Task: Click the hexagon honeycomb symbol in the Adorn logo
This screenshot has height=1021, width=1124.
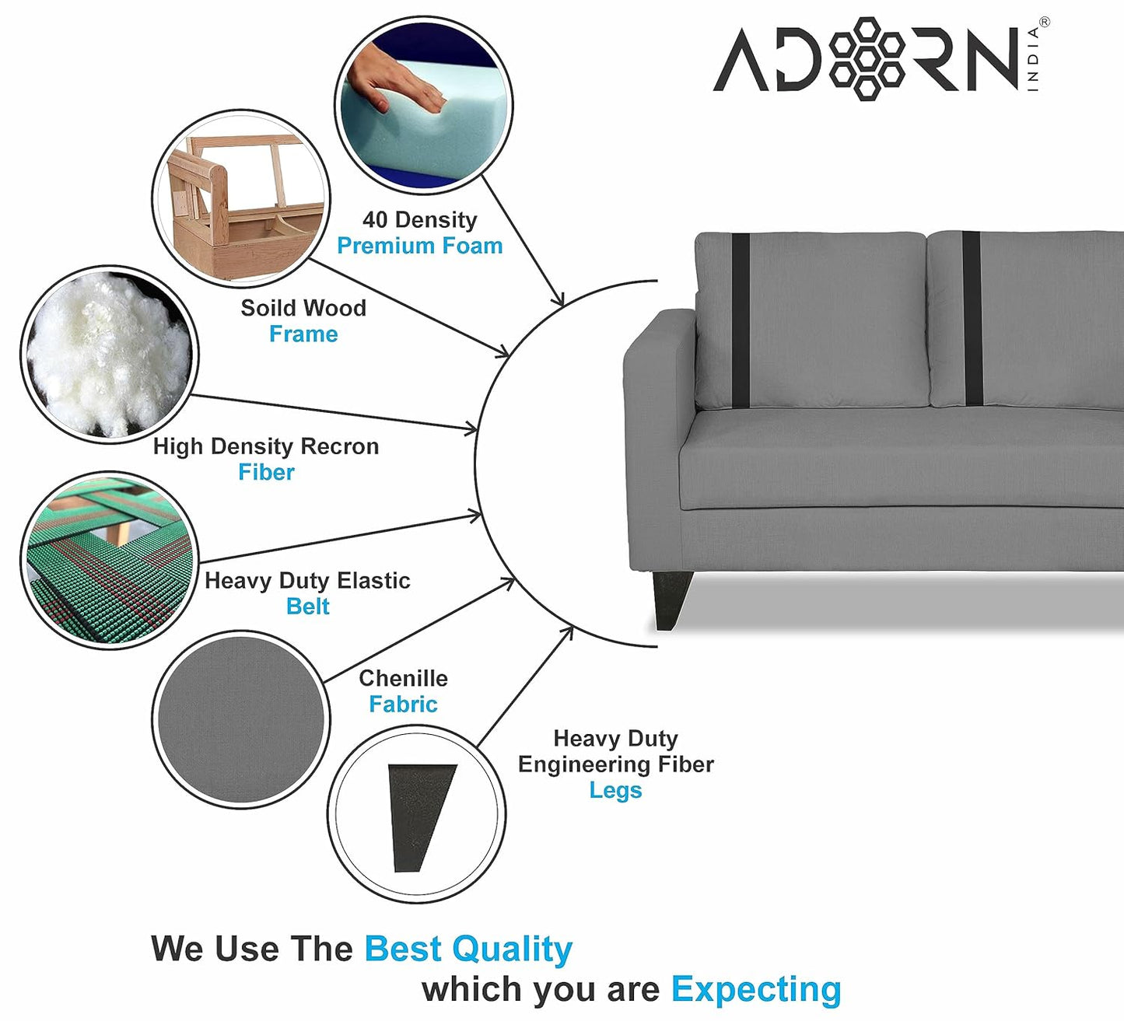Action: (x=867, y=58)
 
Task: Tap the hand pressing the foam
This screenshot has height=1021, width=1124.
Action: (x=393, y=82)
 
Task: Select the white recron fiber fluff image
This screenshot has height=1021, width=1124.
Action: (x=109, y=355)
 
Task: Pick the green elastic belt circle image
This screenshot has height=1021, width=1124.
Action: (x=109, y=560)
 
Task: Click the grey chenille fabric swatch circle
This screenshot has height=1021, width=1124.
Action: (x=241, y=719)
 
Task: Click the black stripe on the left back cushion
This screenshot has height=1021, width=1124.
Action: (x=741, y=319)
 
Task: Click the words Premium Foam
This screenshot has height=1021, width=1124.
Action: (x=419, y=246)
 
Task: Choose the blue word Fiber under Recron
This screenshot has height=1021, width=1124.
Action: (x=266, y=472)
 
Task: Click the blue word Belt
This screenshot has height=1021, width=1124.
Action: (x=307, y=607)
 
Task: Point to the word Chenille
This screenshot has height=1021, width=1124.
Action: (x=403, y=678)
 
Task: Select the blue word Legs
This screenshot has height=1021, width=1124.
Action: (x=615, y=790)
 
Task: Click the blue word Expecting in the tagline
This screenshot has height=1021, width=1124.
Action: (x=756, y=989)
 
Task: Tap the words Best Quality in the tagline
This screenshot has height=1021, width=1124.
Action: (x=468, y=949)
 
